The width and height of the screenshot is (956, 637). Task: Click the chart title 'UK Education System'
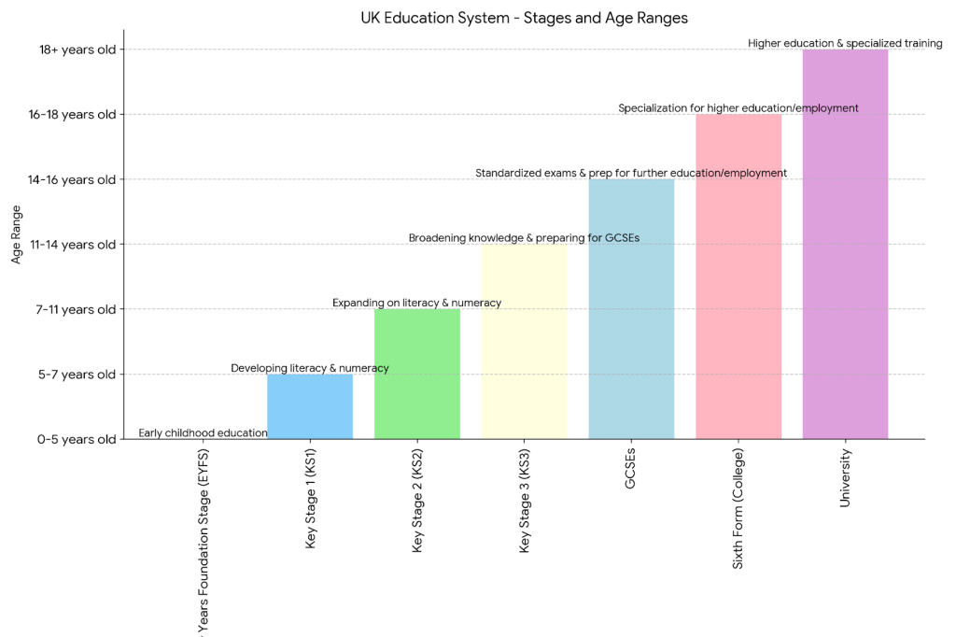click(x=524, y=18)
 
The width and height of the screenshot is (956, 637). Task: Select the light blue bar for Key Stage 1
click(x=310, y=406)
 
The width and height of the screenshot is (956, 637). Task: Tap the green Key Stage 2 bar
click(x=416, y=374)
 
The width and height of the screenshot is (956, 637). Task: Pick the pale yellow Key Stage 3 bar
click(x=524, y=341)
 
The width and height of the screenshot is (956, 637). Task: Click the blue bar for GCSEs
click(x=631, y=308)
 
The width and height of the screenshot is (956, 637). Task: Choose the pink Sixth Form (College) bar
click(x=738, y=276)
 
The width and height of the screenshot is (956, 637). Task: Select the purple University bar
click(x=845, y=244)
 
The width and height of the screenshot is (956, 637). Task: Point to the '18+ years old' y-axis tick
click(x=77, y=50)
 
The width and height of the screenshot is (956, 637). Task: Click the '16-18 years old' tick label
click(x=73, y=114)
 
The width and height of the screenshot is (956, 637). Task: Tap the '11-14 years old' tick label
click(x=73, y=244)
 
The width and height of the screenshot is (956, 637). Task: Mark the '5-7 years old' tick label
click(x=78, y=374)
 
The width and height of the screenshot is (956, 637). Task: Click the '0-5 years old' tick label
click(x=77, y=439)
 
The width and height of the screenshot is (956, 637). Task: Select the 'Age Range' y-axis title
click(x=16, y=234)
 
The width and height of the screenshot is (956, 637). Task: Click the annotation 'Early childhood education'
click(x=203, y=433)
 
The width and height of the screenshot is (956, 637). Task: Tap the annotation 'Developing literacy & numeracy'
click(x=310, y=368)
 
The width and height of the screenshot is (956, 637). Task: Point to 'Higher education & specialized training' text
click(x=845, y=43)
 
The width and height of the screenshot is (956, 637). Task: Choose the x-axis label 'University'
click(x=845, y=477)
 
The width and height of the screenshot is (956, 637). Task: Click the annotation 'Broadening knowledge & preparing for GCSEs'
click(x=524, y=238)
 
